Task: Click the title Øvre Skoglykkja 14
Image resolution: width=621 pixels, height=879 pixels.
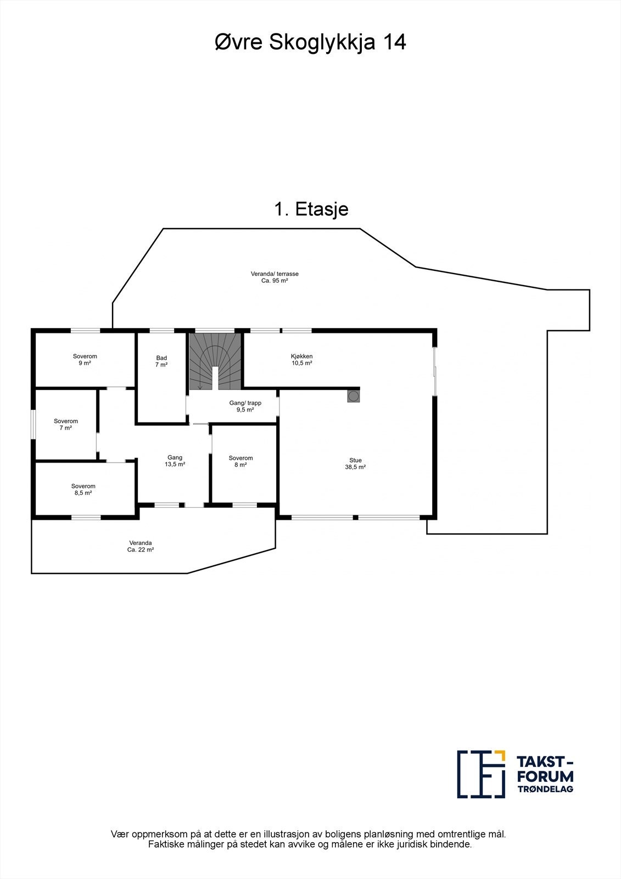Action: pyautogui.click(x=310, y=42)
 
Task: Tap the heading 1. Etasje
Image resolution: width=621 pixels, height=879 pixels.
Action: pyautogui.click(x=311, y=209)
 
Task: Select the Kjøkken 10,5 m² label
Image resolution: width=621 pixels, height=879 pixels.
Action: pyautogui.click(x=301, y=359)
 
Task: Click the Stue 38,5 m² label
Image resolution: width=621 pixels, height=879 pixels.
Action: pyautogui.click(x=355, y=464)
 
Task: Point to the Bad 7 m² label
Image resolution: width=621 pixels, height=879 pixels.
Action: pyautogui.click(x=161, y=361)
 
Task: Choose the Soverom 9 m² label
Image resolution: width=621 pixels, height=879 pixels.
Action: pyautogui.click(x=85, y=359)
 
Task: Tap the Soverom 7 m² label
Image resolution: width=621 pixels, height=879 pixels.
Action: pyautogui.click(x=65, y=424)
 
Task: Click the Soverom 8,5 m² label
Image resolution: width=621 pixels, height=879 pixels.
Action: pyautogui.click(x=83, y=489)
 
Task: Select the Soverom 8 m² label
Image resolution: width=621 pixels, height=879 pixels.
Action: pyautogui.click(x=240, y=461)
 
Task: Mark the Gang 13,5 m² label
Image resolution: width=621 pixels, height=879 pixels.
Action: pyautogui.click(x=175, y=460)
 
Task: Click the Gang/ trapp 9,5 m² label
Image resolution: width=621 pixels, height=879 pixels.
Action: pyautogui.click(x=245, y=406)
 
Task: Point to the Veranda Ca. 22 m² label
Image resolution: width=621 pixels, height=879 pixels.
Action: pyautogui.click(x=140, y=546)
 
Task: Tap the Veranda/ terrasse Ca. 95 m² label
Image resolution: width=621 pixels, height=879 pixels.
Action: pyautogui.click(x=275, y=277)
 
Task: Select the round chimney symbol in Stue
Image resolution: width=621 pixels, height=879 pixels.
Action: pyautogui.click(x=354, y=396)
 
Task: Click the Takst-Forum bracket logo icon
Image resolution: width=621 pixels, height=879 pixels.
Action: pyautogui.click(x=481, y=774)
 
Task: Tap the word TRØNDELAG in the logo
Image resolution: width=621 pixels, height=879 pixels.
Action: pyautogui.click(x=545, y=789)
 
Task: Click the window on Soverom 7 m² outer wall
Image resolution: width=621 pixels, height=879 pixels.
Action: pyautogui.click(x=33, y=424)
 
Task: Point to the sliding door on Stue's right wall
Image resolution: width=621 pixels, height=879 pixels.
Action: pyautogui.click(x=434, y=371)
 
